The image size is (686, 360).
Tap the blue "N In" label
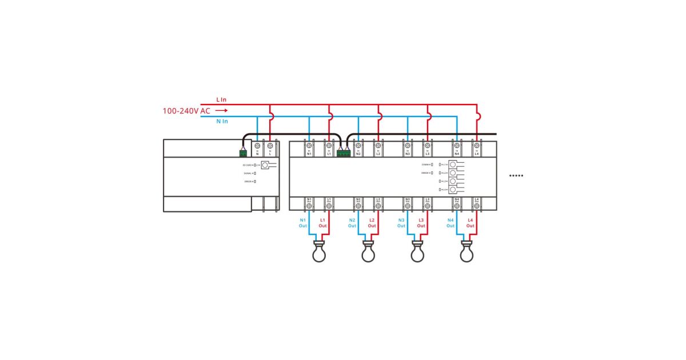click(222, 121)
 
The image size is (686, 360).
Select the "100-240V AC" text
click(186, 110)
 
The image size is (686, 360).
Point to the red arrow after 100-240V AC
click(222, 110)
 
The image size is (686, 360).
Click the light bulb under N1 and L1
click(319, 252)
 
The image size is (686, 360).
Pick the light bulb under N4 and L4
click(466, 252)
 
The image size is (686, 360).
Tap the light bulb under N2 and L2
click(368, 252)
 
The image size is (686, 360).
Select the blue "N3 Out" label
click(401, 223)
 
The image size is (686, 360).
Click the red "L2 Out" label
click(372, 223)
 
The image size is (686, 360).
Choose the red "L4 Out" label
click(470, 223)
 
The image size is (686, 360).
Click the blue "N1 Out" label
click(303, 223)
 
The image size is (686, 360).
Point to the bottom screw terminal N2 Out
click(358, 206)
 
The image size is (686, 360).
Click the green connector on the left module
click(244, 153)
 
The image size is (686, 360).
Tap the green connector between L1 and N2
click(344, 153)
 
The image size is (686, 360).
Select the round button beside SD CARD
click(265, 165)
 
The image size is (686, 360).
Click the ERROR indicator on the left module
click(255, 182)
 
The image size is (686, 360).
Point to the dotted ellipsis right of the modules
click(516, 175)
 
